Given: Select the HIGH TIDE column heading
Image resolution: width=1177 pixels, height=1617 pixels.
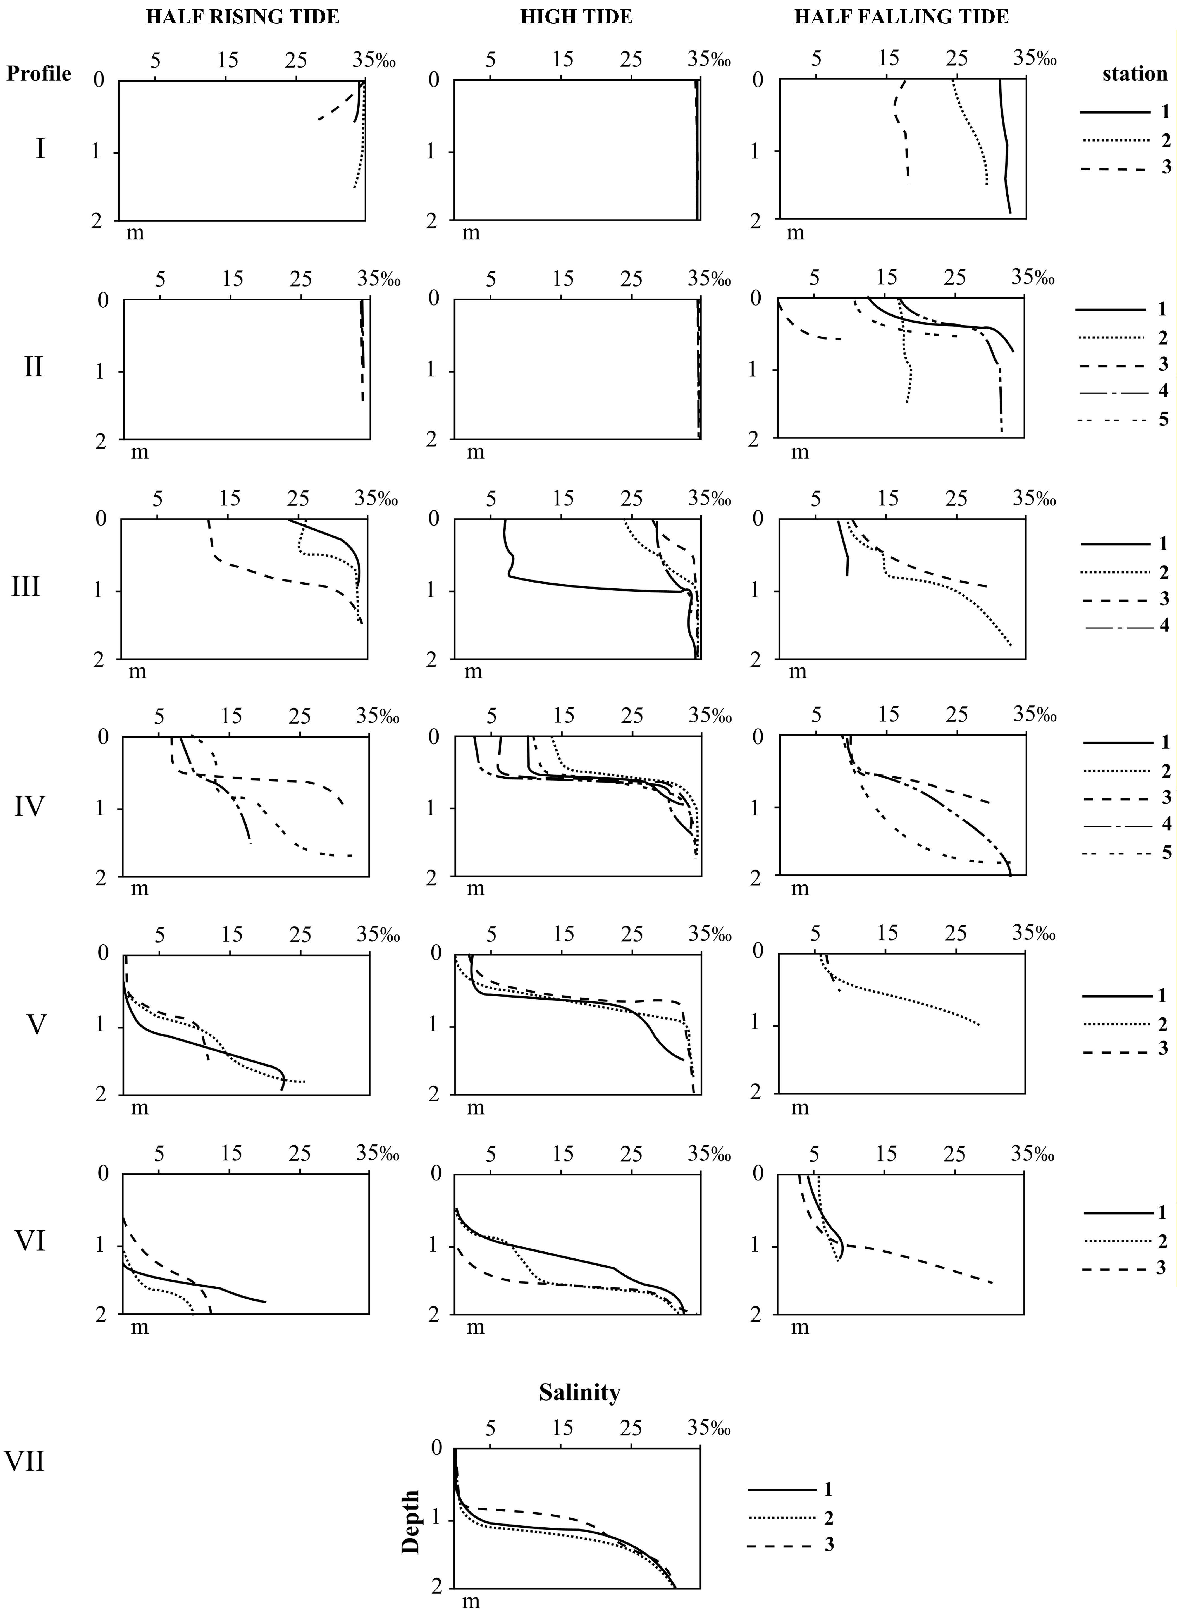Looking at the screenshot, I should [576, 17].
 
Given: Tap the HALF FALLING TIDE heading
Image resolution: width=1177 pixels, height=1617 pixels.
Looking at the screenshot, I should [902, 17].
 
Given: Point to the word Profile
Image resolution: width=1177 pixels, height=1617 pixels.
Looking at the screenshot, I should [39, 73].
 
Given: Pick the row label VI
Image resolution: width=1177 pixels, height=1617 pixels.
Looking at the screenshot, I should [30, 1241].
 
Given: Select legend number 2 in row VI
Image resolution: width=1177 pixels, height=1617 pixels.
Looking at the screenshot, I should [1163, 1241].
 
